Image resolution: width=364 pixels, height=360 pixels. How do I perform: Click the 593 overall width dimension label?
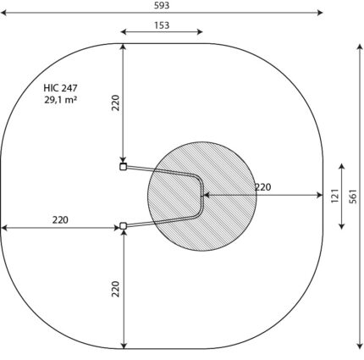click(x=162, y=5)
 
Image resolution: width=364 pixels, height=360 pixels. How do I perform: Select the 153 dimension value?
click(x=162, y=25)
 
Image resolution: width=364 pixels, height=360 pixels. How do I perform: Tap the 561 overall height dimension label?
click(x=353, y=197)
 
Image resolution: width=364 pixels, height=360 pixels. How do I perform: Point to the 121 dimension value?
click(x=334, y=196)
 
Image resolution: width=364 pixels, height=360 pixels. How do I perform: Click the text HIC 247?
click(x=60, y=88)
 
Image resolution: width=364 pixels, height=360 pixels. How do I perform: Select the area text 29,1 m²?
click(x=60, y=100)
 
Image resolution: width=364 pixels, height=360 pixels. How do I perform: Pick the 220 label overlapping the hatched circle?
click(x=262, y=187)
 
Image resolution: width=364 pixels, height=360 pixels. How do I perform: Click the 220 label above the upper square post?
click(x=116, y=102)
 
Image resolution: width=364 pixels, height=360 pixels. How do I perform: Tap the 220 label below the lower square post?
click(x=116, y=289)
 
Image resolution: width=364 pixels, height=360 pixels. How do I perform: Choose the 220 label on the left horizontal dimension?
click(x=60, y=219)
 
